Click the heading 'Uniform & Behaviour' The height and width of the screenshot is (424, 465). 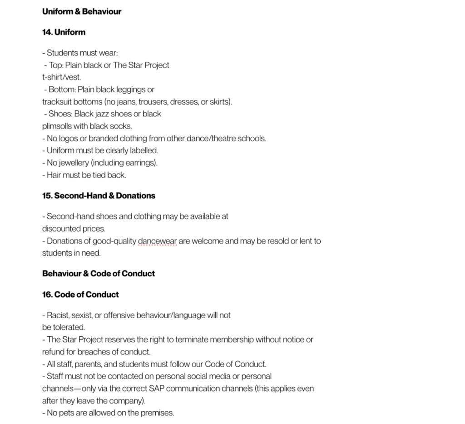coord(82,11)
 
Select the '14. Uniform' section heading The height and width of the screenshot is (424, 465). coord(64,32)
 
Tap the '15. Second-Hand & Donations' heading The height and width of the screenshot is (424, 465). coord(99,196)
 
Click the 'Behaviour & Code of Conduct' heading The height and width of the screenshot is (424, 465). coord(99,274)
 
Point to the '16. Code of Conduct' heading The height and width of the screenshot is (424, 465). coord(80,294)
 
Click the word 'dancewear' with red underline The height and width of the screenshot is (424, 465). coord(157,241)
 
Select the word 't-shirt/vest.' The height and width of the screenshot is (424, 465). coord(62,77)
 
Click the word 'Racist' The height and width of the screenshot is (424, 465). coord(58,315)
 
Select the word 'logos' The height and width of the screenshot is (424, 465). coord(69,139)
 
